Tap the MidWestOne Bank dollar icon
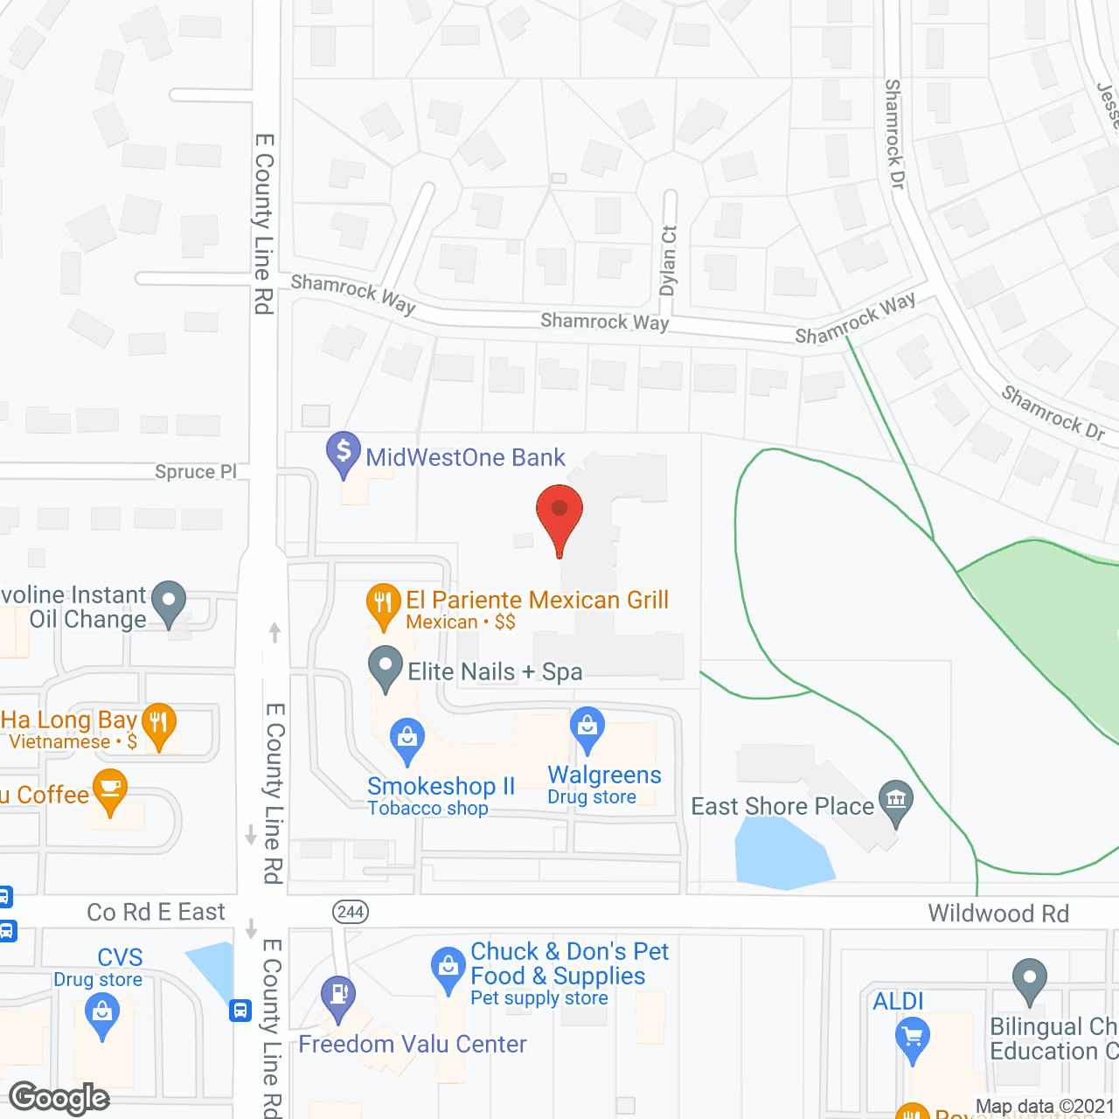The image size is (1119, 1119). (x=344, y=452)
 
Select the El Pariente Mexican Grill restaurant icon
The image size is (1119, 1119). (x=383, y=602)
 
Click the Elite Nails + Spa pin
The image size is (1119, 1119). (x=385, y=667)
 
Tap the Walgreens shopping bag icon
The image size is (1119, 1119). (x=587, y=726)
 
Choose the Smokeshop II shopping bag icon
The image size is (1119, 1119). (x=407, y=739)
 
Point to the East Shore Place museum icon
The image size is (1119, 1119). (x=896, y=800)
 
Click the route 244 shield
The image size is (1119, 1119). (x=350, y=912)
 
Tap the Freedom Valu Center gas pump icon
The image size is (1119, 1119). (x=338, y=995)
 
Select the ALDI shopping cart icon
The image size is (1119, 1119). (x=913, y=1039)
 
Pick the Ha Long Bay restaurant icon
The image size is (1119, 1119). (x=159, y=723)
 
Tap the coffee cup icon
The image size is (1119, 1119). (x=110, y=789)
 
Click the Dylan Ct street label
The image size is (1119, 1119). (x=669, y=260)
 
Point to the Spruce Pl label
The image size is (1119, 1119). (x=196, y=472)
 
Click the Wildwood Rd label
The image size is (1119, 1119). (x=998, y=914)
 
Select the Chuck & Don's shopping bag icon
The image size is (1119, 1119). (x=448, y=968)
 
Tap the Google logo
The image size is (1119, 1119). (x=59, y=1098)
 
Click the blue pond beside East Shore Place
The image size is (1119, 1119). (x=782, y=857)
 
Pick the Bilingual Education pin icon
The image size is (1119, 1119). (x=1030, y=978)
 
